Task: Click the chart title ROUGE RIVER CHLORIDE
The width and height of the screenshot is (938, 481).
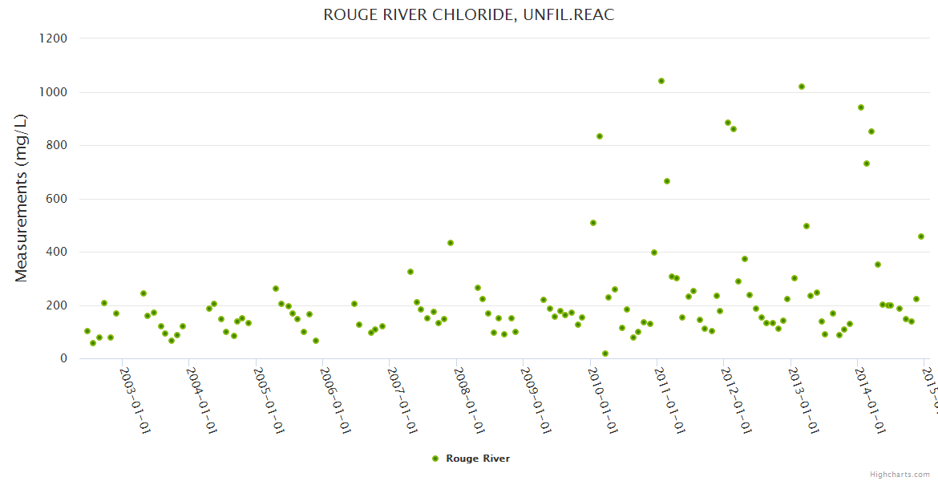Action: (469, 15)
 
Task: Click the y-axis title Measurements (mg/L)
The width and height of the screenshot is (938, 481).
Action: (22, 198)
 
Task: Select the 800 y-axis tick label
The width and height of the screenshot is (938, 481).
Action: (57, 145)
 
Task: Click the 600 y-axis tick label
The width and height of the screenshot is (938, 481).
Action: (57, 199)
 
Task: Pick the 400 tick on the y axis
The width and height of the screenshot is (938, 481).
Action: (57, 252)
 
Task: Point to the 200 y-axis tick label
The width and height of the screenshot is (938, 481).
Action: (57, 305)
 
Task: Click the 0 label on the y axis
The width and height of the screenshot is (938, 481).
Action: (63, 358)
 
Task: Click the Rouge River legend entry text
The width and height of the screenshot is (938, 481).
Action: (478, 459)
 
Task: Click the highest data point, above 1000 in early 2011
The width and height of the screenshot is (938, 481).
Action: (661, 81)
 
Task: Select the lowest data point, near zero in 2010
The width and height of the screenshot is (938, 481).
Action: (605, 354)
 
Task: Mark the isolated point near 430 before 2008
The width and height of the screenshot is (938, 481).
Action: (451, 243)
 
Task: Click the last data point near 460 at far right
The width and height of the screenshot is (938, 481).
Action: (921, 236)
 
